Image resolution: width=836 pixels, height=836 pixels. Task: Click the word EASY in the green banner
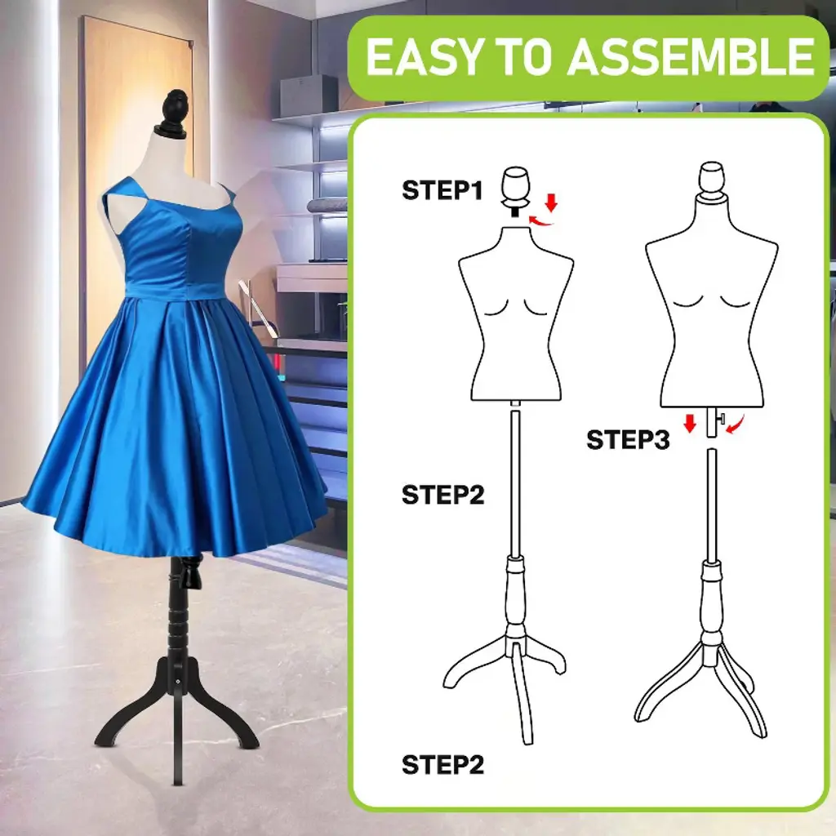pos(424,57)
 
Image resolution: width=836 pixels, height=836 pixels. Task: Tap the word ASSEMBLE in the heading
pos(691,56)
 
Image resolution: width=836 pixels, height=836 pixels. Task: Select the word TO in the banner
pos(523,57)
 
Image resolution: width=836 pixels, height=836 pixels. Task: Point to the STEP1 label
pos(442,190)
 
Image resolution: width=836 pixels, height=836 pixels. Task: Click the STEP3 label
pos(628,440)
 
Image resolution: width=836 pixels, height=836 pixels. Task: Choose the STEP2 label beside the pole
pos(442,495)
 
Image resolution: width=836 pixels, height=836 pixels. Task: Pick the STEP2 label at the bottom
pos(442,764)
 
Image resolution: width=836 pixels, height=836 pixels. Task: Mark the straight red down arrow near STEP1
pos(552,202)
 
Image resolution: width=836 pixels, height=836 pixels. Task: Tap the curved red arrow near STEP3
pos(736,425)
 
